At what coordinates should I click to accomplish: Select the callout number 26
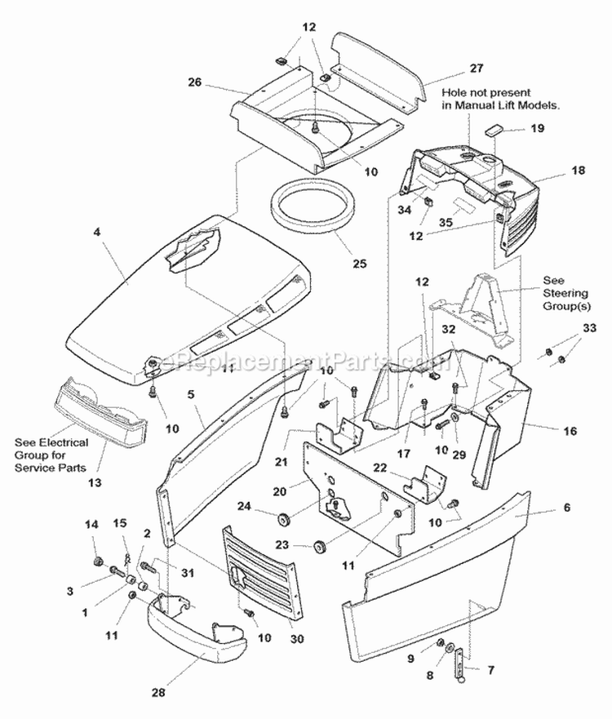pyautogui.click(x=194, y=82)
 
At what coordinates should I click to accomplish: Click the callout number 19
pyautogui.click(x=536, y=128)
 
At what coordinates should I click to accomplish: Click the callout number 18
pyautogui.click(x=556, y=171)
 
